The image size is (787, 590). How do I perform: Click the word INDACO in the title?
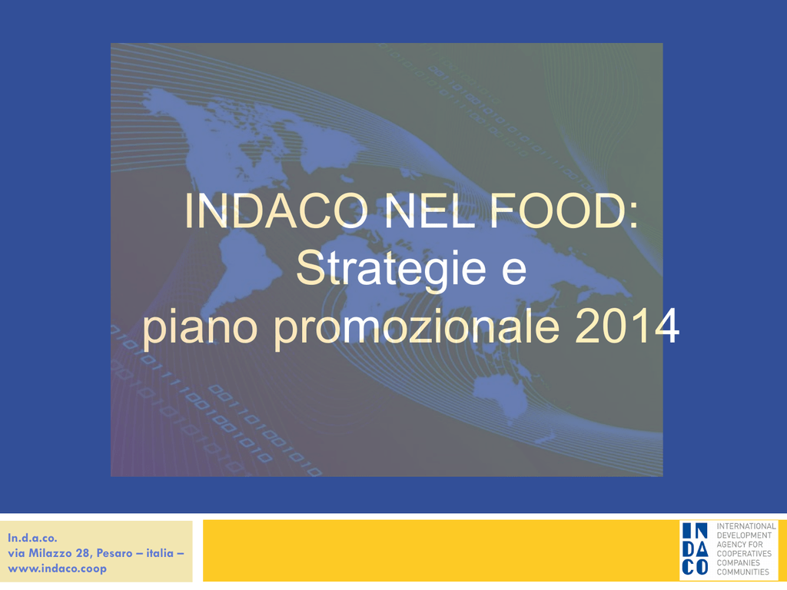click(x=276, y=210)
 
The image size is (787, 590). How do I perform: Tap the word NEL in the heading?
click(x=430, y=210)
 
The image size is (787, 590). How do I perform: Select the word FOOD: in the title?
click(x=564, y=210)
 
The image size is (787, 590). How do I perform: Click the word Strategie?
click(x=391, y=270)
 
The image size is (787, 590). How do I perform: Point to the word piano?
click(x=200, y=328)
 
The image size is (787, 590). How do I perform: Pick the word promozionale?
click(x=416, y=328)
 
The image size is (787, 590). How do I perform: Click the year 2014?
click(x=627, y=326)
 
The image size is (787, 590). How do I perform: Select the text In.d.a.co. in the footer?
click(x=32, y=538)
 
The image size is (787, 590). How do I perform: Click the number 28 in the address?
click(x=82, y=553)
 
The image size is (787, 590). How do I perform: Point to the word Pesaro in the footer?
click(x=115, y=553)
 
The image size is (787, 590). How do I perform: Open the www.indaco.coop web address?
click(x=57, y=569)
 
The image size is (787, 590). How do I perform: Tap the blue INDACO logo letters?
click(x=695, y=549)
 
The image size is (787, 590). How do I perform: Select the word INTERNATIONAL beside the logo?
click(x=746, y=526)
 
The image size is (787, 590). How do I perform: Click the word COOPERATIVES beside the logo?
click(x=744, y=553)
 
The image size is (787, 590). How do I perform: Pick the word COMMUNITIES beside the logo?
click(x=743, y=572)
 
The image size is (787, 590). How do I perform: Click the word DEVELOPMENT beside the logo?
click(x=744, y=535)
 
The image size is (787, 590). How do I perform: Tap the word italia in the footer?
click(x=160, y=553)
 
